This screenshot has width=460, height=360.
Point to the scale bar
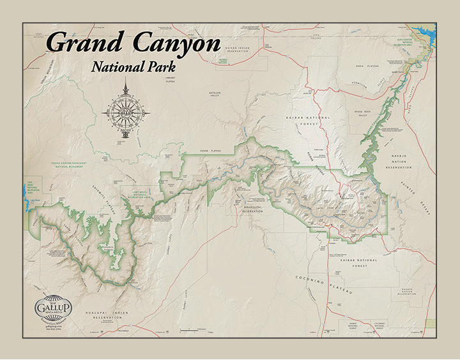194,330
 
